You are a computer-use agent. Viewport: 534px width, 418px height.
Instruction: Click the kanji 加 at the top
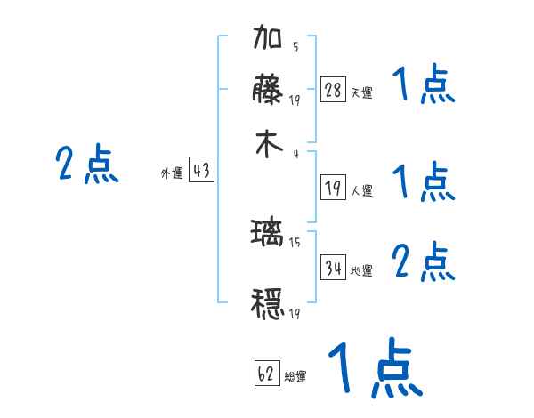268,41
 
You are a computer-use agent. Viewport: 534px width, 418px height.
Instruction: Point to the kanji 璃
268,234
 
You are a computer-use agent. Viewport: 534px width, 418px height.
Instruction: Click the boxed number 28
333,89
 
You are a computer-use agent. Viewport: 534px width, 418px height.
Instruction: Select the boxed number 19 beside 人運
333,188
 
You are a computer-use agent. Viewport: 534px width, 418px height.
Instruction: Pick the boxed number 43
201,172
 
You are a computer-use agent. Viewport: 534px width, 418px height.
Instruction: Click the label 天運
361,92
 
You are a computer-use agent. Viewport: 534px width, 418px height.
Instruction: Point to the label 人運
361,190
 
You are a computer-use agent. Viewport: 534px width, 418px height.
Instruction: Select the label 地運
361,270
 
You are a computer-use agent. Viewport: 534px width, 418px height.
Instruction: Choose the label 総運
295,377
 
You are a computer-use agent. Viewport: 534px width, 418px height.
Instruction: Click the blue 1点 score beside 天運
423,86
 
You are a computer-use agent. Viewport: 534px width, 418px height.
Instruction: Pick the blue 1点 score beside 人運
423,182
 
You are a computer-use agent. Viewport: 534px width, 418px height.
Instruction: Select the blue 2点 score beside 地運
423,262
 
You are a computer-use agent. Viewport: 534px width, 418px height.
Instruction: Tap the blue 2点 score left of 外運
86,165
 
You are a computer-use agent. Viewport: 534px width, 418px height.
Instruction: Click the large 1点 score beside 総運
374,369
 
